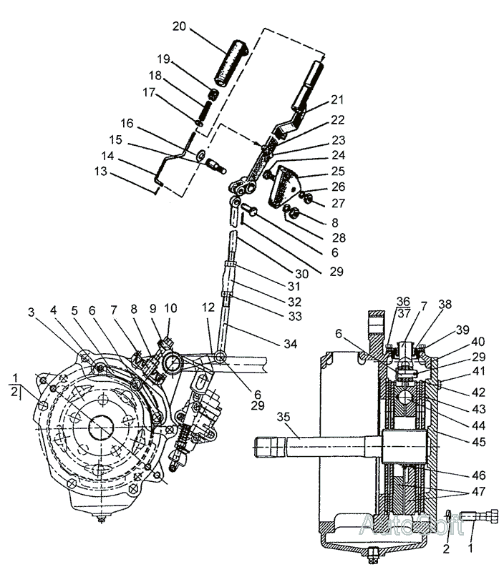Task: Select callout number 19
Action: click(x=164, y=59)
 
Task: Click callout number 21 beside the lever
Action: click(x=337, y=99)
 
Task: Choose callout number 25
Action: click(x=337, y=172)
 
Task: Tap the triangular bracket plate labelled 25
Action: click(x=286, y=184)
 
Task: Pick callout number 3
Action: click(x=31, y=312)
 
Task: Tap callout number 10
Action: click(x=170, y=308)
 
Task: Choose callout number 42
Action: click(x=478, y=393)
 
